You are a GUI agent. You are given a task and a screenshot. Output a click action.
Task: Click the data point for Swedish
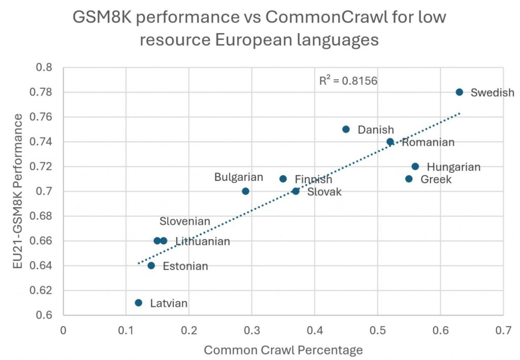(459, 92)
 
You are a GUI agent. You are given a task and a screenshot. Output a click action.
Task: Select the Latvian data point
(138, 303)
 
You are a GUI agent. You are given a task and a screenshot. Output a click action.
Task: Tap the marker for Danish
(346, 129)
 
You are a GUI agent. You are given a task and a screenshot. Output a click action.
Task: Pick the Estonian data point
(151, 266)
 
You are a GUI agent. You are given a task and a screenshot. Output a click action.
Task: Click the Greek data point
(409, 179)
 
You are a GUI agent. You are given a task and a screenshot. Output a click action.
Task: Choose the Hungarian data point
(415, 166)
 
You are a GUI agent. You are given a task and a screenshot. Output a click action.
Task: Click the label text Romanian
(428, 142)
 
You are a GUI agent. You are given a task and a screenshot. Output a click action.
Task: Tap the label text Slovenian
(184, 221)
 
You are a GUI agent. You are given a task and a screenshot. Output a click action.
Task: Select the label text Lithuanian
(203, 241)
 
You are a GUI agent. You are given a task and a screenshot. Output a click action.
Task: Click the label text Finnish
(313, 179)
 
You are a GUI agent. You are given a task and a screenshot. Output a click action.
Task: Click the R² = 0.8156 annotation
(348, 80)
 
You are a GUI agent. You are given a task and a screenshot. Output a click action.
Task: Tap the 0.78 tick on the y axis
(47, 92)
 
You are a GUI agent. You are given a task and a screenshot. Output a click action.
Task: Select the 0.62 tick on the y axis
(47, 290)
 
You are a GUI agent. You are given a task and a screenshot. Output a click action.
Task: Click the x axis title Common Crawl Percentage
(283, 349)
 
